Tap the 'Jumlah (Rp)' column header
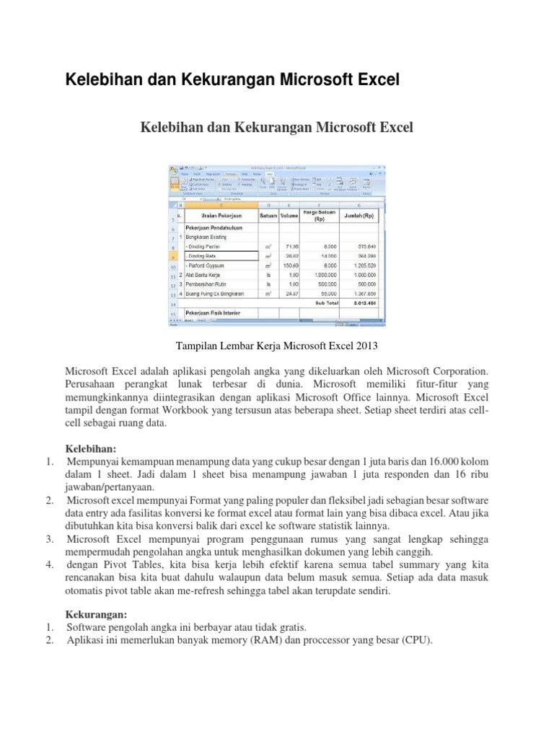359,215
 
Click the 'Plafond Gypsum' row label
210,265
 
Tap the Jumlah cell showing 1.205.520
369,265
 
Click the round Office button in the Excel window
174,170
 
